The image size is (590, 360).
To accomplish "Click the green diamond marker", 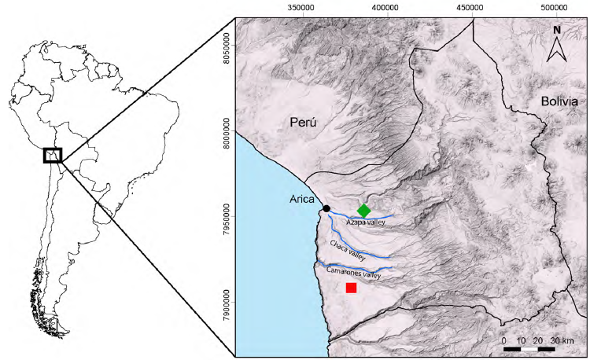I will pos(363,210).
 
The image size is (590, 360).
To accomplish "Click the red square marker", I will pos(351,288).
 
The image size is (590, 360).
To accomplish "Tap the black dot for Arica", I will pos(326,208).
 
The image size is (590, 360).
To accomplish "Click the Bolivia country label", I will pos(559,102).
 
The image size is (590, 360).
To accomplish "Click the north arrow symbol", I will pos(556,51).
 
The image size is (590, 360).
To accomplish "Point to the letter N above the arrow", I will pos(556,30).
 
